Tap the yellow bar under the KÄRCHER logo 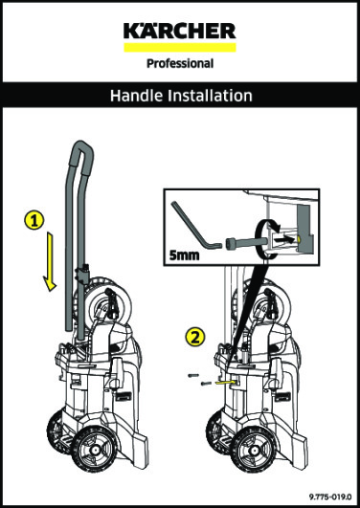click(179, 46)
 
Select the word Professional click(179, 65)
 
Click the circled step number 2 click(195, 338)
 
